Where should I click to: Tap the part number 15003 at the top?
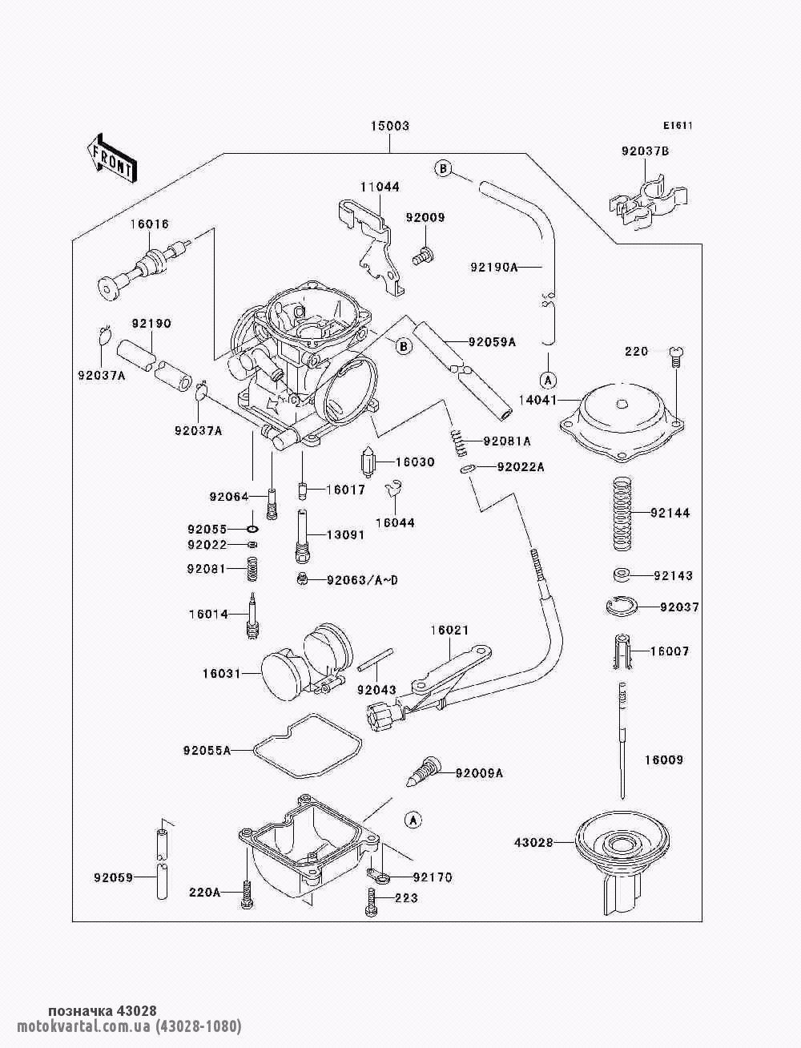click(x=390, y=126)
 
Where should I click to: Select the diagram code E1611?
click(x=678, y=126)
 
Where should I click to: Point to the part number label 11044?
click(x=380, y=187)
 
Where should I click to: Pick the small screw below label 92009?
click(x=423, y=254)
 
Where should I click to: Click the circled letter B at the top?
click(x=442, y=168)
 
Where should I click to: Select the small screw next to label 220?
click(x=676, y=357)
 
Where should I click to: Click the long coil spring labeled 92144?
click(x=623, y=514)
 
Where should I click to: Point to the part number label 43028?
click(x=533, y=843)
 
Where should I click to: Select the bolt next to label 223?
click(x=371, y=900)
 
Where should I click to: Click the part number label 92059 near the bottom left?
click(x=114, y=877)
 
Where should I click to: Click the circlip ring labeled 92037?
click(x=621, y=607)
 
